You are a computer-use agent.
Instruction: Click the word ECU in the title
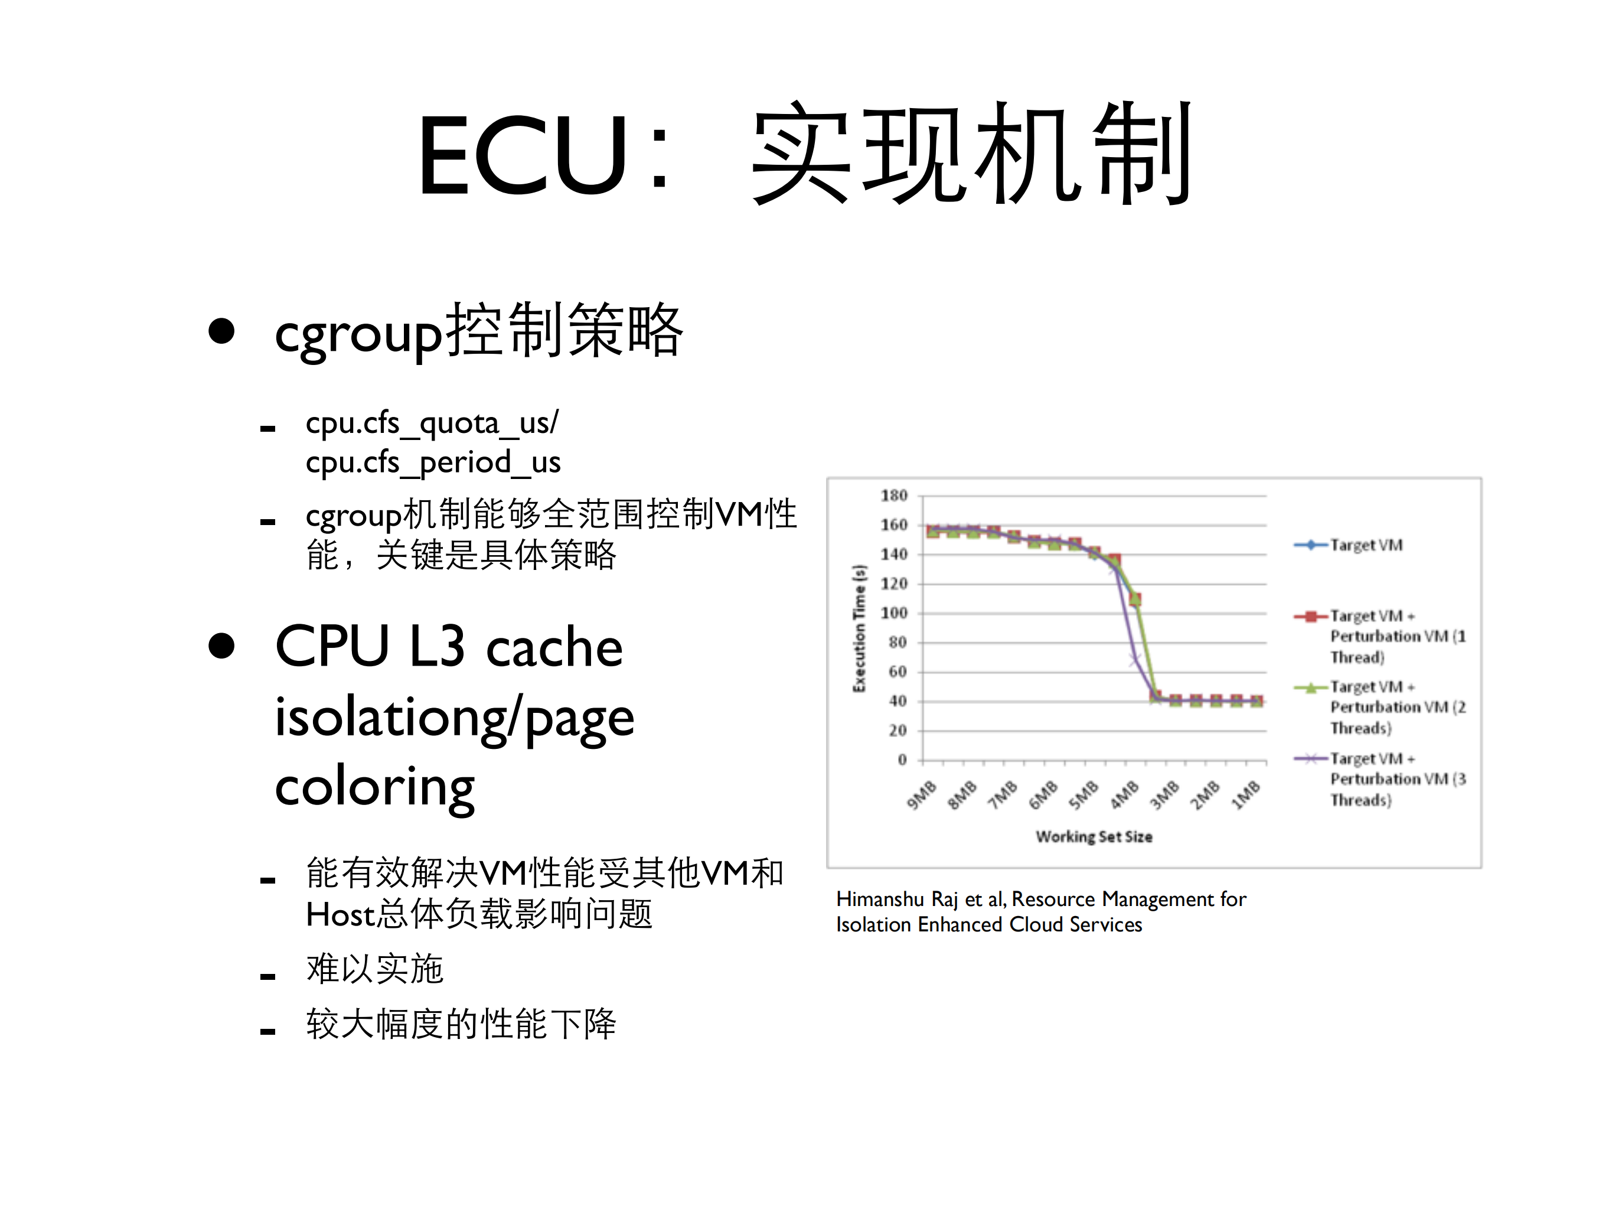[x=521, y=155]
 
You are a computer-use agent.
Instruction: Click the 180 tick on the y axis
[x=893, y=496]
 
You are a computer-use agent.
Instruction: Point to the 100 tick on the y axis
[x=893, y=613]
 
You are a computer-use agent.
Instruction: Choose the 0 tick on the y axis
[x=902, y=760]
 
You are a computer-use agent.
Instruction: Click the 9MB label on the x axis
[x=921, y=795]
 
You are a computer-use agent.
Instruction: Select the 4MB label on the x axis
[x=1124, y=795]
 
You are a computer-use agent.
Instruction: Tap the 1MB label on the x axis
[x=1245, y=795]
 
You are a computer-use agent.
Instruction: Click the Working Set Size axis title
[x=1094, y=836]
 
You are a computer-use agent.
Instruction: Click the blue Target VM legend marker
[x=1310, y=545]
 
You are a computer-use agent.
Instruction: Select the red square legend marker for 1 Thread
[x=1310, y=617]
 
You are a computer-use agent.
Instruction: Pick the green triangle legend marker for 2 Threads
[x=1310, y=687]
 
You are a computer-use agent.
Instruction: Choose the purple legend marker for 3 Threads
[x=1310, y=758]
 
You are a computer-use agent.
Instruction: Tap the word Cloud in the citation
[x=1040, y=925]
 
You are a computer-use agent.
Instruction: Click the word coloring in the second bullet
[x=374, y=788]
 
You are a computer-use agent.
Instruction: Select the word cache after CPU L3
[x=554, y=648]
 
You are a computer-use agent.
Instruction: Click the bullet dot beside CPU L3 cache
[x=221, y=646]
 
